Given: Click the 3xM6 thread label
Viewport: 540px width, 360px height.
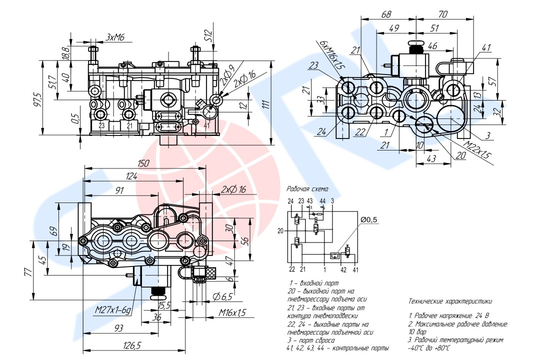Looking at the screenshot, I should pos(114,36).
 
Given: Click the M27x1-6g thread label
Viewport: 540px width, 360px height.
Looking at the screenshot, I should pos(113,310).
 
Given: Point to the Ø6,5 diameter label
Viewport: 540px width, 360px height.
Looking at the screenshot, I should pos(222,297).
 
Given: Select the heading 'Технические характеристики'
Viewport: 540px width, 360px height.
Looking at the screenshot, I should pos(450,301).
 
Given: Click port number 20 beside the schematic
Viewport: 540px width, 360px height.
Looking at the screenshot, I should pos(280,230).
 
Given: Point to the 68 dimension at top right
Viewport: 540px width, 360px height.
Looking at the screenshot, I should pos(386,14).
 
